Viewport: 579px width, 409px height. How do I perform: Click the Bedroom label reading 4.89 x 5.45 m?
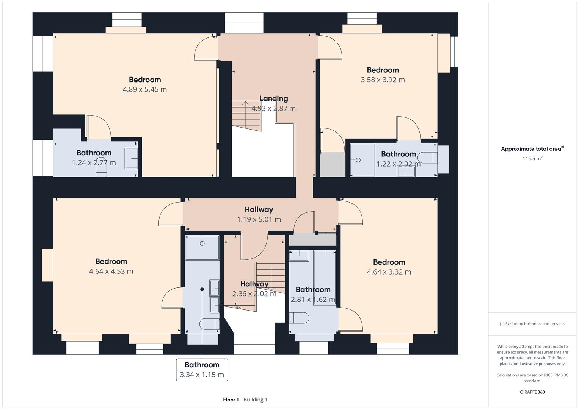click(144, 80)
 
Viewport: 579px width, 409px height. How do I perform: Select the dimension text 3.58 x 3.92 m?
click(383, 80)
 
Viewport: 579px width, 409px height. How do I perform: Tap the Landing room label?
click(273, 98)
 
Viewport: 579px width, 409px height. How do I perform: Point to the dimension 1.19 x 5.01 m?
click(259, 219)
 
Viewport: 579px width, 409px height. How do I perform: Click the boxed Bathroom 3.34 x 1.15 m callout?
click(202, 370)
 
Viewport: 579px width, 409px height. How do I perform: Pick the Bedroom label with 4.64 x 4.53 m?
click(111, 261)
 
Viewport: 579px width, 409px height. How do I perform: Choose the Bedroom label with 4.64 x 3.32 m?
click(389, 262)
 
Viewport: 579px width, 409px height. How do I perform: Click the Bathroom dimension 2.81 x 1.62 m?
click(313, 300)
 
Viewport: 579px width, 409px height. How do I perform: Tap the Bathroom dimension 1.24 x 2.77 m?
click(94, 162)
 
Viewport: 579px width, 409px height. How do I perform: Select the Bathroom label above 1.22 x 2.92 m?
click(398, 154)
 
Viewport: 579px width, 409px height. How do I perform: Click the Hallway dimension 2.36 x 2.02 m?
click(254, 293)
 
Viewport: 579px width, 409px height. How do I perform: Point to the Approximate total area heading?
click(532, 149)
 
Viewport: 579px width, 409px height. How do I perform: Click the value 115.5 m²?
click(532, 158)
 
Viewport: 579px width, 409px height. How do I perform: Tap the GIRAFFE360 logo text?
click(532, 392)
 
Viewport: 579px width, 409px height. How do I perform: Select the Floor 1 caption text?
click(231, 400)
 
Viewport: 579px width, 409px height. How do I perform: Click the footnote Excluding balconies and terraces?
click(532, 324)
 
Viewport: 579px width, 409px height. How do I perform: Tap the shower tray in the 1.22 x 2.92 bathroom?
click(361, 159)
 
